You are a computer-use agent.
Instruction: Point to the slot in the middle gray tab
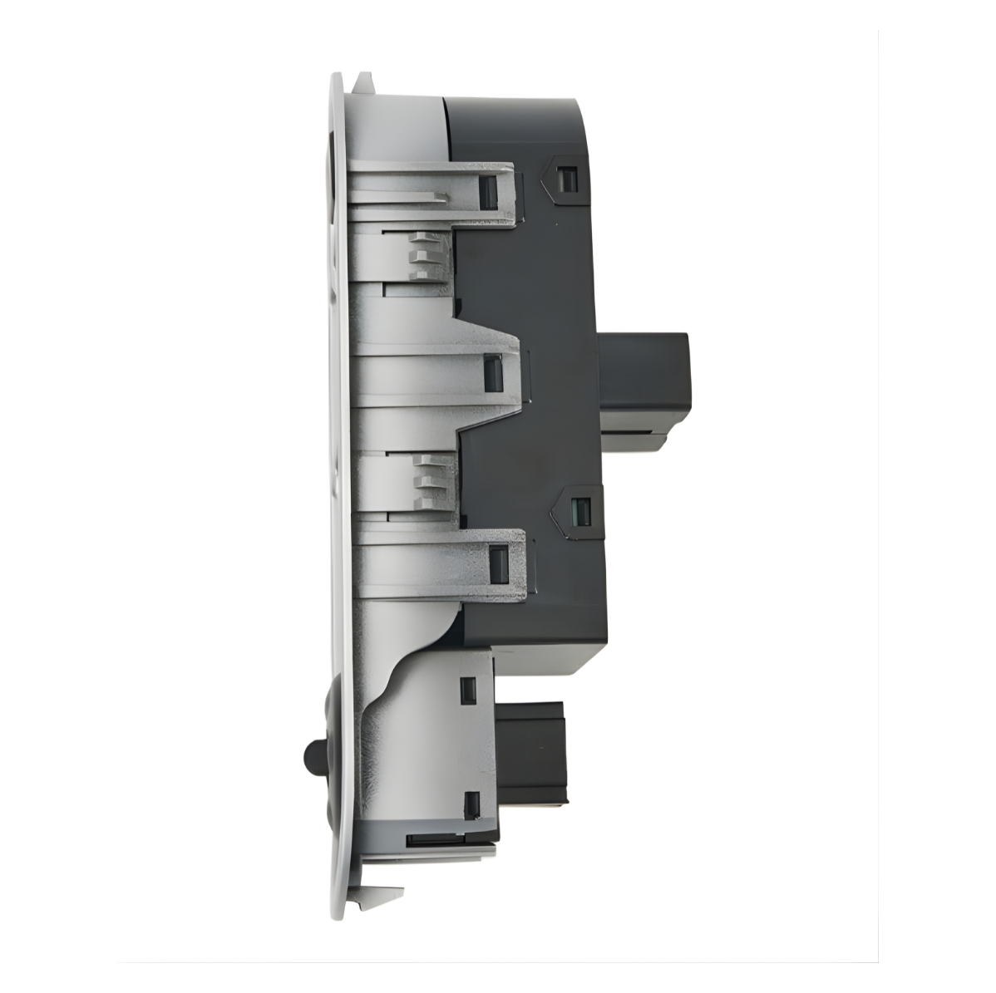coord(493,371)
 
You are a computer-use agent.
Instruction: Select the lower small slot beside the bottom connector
coord(471,804)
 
